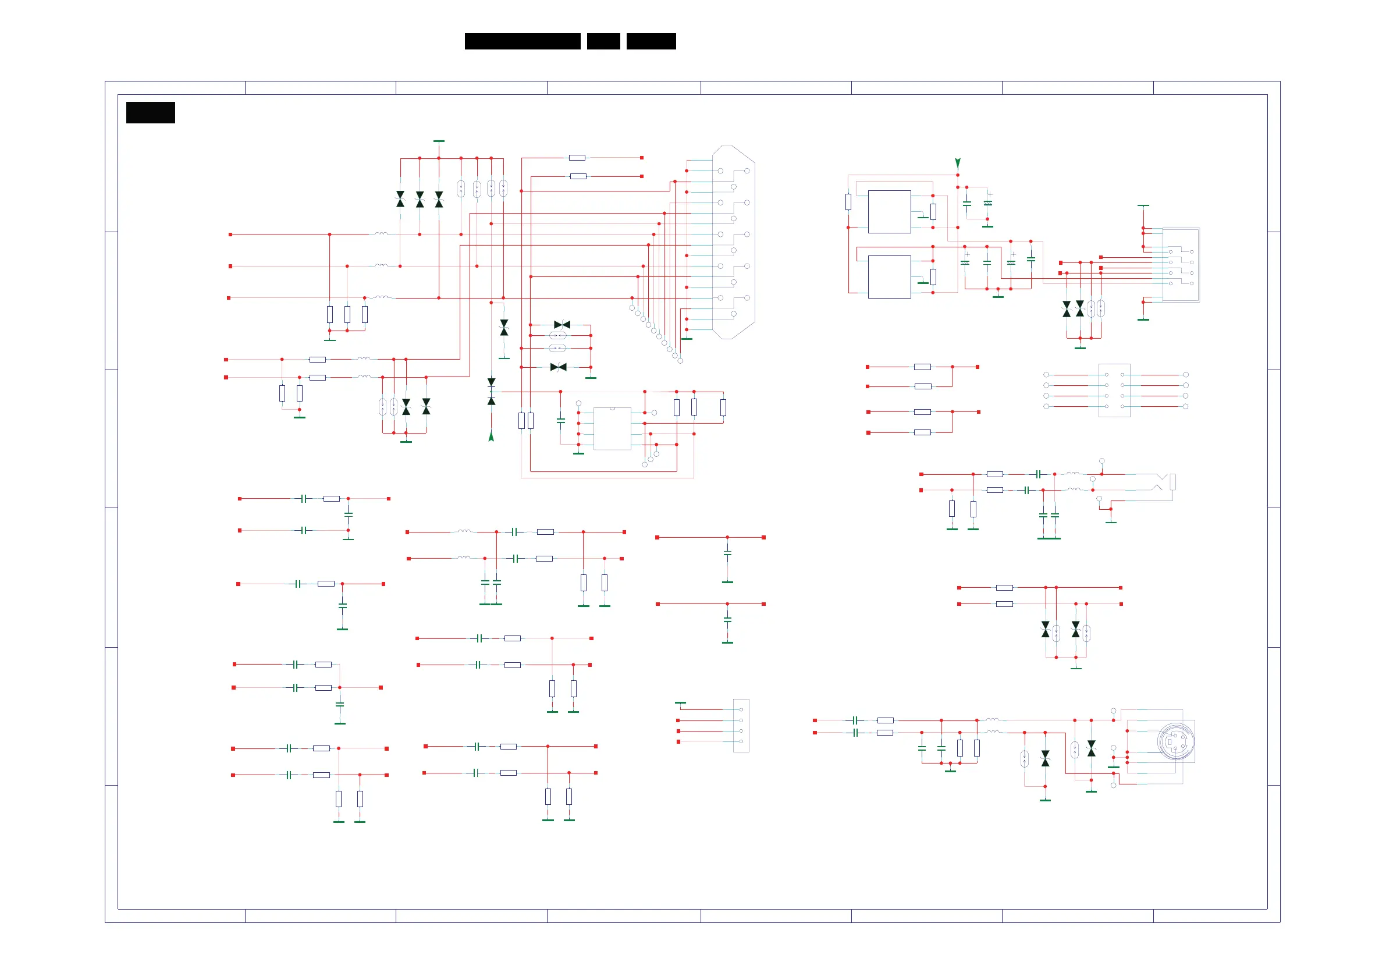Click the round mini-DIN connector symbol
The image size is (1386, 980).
1175,741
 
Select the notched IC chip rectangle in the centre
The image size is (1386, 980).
612,428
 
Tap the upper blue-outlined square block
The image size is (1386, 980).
889,211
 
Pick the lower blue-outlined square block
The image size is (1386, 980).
889,276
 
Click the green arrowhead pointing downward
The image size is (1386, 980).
957,163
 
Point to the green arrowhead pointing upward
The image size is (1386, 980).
491,436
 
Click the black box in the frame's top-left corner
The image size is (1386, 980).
150,112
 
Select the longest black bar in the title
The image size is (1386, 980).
522,41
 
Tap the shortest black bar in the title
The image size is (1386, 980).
603,41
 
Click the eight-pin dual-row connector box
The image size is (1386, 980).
1114,390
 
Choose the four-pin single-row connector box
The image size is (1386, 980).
741,725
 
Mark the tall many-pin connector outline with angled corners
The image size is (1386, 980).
733,242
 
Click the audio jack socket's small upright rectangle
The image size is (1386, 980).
1172,482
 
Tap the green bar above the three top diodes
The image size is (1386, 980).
439,141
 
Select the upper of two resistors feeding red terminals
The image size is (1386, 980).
577,158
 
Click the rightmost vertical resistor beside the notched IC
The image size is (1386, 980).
723,407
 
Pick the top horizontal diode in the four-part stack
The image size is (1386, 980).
562,325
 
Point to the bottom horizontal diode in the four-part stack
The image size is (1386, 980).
559,367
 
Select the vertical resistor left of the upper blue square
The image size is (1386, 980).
848,202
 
